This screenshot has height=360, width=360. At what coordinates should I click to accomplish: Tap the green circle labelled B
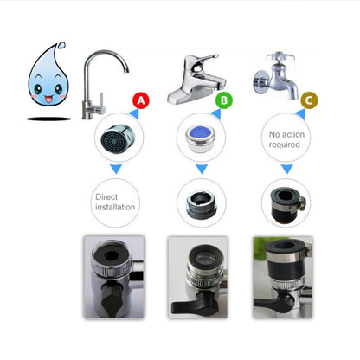point(224,101)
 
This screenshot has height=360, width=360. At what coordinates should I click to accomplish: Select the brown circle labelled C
point(306,101)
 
